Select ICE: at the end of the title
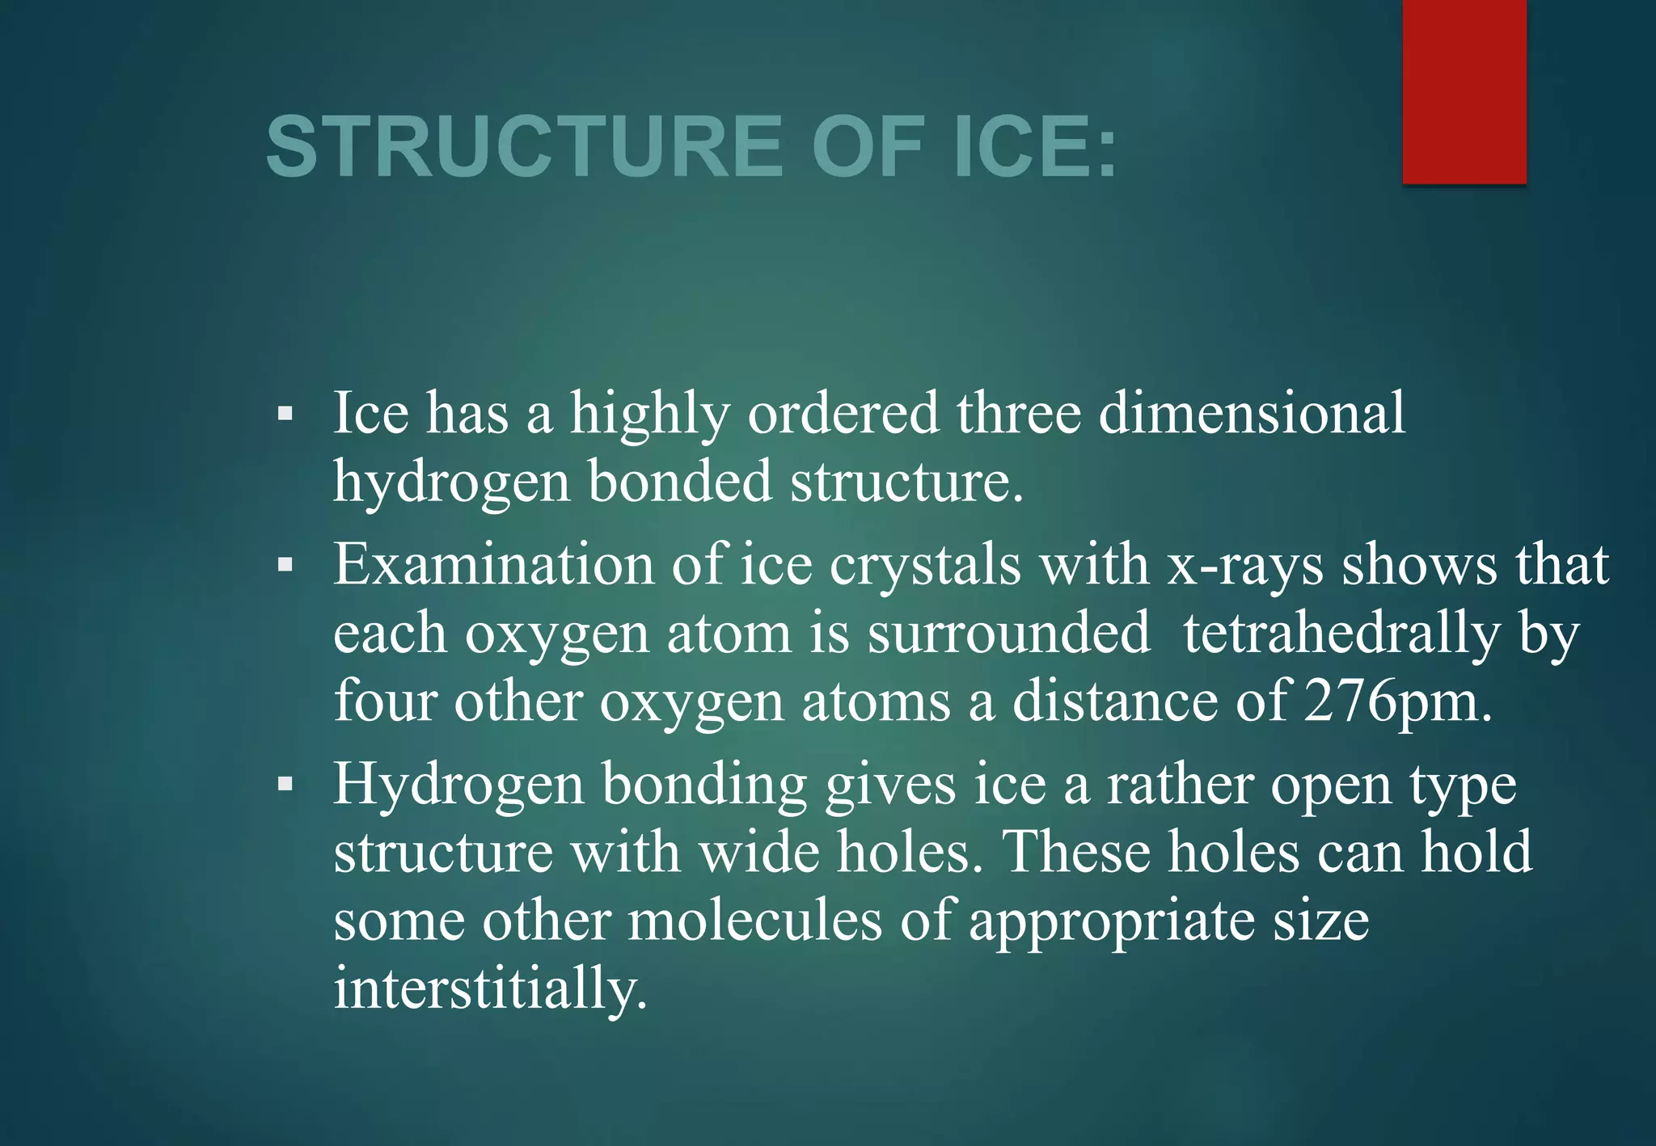click(x=1035, y=147)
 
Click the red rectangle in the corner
click(x=1464, y=91)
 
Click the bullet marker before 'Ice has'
click(x=285, y=415)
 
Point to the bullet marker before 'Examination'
click(x=285, y=565)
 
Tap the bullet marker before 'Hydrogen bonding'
click(x=285, y=784)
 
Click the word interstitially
click(x=490, y=988)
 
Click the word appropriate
click(x=1112, y=922)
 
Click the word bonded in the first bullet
click(x=679, y=482)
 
